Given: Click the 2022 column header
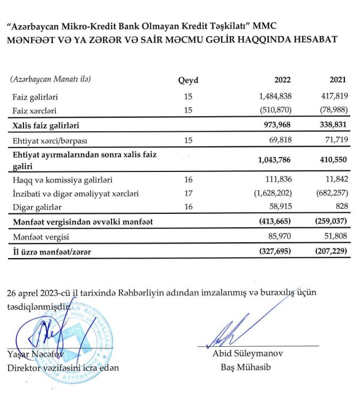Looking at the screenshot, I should (282, 80).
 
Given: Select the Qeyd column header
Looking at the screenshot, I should (188, 80).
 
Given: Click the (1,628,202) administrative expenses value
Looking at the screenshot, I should (271, 194).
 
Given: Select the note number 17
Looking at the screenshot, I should (188, 194).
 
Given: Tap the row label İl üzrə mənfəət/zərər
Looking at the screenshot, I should (49, 252).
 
